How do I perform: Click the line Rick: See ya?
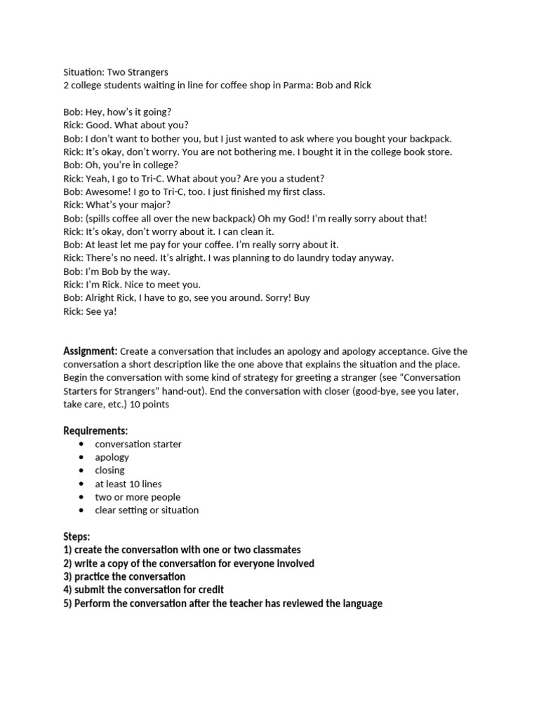[x=90, y=311]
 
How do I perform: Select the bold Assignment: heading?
[x=91, y=351]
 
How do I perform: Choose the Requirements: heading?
[x=95, y=431]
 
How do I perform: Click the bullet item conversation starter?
[x=138, y=444]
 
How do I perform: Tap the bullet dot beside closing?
[x=82, y=470]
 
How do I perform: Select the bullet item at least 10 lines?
[x=128, y=484]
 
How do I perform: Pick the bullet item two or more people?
[x=138, y=497]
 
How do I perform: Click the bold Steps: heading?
[x=76, y=537]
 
